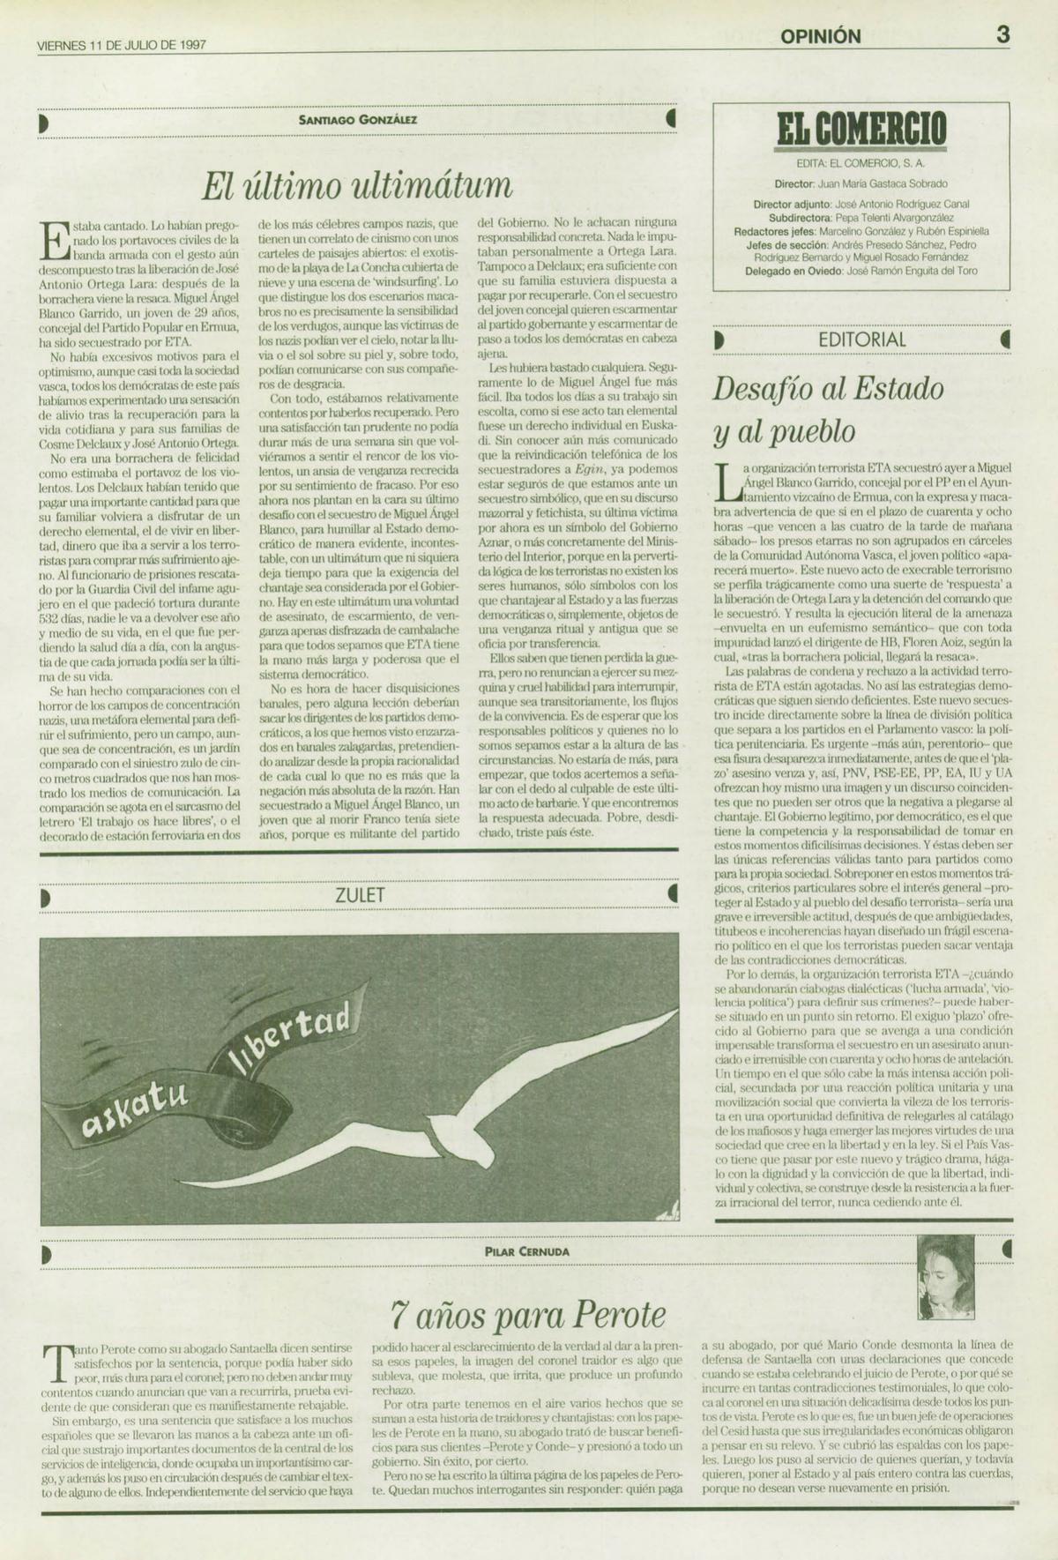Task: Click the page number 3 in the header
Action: tap(1002, 35)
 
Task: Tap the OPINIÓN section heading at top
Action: tap(820, 36)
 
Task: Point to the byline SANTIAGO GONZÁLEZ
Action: tap(358, 120)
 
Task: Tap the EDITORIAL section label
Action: tap(861, 340)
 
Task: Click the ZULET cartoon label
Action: tap(360, 894)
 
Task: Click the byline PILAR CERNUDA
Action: tap(526, 1251)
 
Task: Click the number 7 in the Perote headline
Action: tap(399, 1316)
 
